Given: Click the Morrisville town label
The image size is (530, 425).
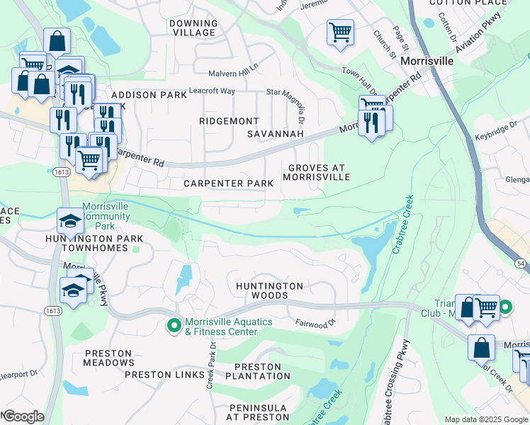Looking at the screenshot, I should point(427,62).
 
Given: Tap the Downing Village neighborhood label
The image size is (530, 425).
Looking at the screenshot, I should point(193,28).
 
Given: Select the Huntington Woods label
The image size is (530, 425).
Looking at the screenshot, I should point(269,286).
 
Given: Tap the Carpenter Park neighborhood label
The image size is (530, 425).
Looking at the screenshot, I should point(228,183).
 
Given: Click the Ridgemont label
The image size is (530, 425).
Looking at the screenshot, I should point(229,121).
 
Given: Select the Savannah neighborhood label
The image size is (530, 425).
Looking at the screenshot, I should point(275,134).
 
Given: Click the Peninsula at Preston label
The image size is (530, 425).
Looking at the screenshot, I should point(257,413).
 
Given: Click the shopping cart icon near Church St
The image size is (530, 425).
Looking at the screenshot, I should point(340,31).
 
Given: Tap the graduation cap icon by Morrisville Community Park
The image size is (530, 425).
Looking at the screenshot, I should point(70,222).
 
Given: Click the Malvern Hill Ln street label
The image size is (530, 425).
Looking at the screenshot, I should point(234,74).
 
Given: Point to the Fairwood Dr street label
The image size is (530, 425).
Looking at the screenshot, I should point(315,323).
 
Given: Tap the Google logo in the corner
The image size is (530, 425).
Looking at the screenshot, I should point(23,416).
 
